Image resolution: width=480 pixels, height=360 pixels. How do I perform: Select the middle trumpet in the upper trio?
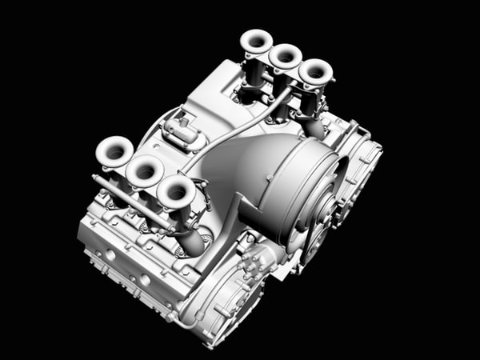(x=285, y=56)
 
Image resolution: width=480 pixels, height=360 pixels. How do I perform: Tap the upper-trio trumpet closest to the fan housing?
(x=314, y=72)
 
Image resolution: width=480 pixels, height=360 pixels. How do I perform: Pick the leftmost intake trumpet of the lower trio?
(x=114, y=151)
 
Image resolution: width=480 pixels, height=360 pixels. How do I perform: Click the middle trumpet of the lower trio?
(x=145, y=170)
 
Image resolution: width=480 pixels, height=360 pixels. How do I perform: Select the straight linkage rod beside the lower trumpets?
(x=132, y=200)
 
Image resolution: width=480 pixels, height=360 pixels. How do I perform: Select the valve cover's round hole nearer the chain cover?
(x=145, y=280)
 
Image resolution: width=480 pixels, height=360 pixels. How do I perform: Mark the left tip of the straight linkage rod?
(x=96, y=179)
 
